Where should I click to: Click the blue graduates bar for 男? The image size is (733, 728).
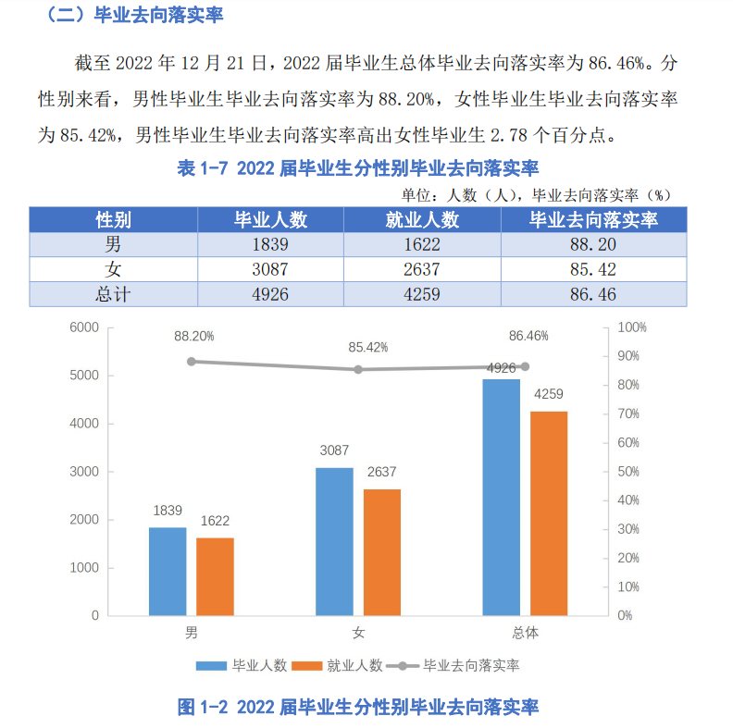[x=168, y=571]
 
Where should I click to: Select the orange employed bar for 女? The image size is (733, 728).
[x=382, y=551]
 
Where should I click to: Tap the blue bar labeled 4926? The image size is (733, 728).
[x=502, y=497]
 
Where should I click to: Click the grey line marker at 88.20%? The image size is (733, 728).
[x=192, y=362]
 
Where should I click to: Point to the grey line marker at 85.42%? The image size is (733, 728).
[x=358, y=369]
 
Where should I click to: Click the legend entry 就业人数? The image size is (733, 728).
[x=339, y=665]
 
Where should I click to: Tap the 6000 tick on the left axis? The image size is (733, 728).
[x=83, y=327]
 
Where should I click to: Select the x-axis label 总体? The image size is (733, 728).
[x=525, y=634]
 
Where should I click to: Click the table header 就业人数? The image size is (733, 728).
[x=422, y=220]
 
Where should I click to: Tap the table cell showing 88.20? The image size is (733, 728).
[x=593, y=245]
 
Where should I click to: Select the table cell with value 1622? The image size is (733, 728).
[x=422, y=245]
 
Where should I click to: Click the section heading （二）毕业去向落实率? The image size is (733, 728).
[x=133, y=16]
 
